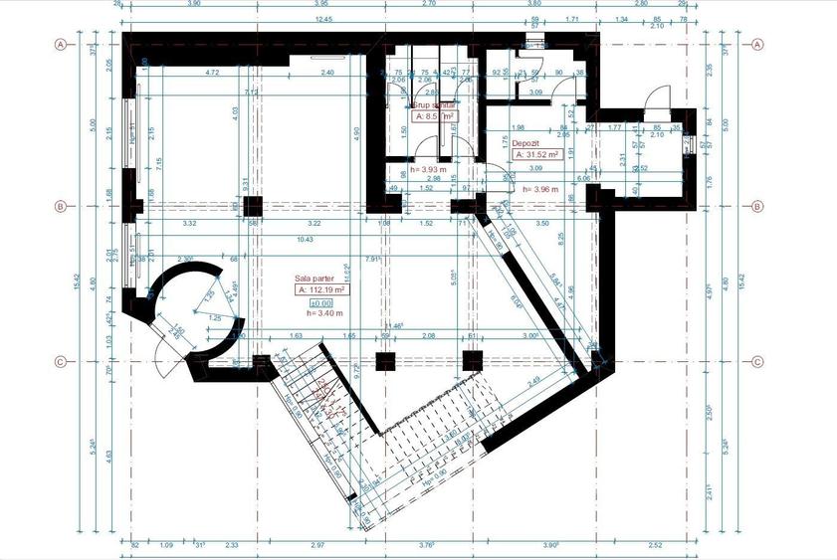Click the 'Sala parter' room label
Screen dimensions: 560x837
(314, 279)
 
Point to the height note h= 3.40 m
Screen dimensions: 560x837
(325, 314)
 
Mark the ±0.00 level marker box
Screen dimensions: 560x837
(319, 302)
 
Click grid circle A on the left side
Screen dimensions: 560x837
(60, 45)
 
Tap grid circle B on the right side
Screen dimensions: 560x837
(757, 207)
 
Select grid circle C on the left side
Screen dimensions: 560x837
(60, 362)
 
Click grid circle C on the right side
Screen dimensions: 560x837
(757, 362)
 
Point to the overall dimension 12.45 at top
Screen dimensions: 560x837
(321, 18)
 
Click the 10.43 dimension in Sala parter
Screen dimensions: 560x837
(305, 240)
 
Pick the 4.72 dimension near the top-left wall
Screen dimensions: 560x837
(212, 73)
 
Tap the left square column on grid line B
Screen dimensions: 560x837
(252, 207)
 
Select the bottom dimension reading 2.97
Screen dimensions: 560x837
(317, 544)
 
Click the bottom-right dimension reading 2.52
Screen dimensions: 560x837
(654, 544)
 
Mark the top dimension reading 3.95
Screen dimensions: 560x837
(321, 5)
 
